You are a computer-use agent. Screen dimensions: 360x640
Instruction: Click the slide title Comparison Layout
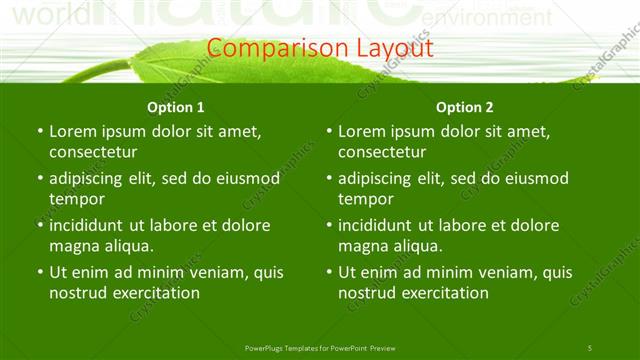pyautogui.click(x=320, y=47)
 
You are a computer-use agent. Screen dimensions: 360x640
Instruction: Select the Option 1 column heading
pyautogui.click(x=176, y=107)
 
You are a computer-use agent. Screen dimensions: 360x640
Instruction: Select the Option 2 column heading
pyautogui.click(x=465, y=107)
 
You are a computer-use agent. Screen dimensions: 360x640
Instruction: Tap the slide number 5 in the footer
pyautogui.click(x=590, y=347)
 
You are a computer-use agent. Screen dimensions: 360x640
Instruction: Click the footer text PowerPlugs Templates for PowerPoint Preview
pyautogui.click(x=320, y=347)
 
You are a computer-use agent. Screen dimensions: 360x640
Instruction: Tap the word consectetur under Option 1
pyautogui.click(x=93, y=152)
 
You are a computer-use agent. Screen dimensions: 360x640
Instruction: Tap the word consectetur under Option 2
pyautogui.click(x=382, y=152)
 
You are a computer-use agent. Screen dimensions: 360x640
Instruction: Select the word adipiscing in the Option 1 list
pyautogui.click(x=92, y=178)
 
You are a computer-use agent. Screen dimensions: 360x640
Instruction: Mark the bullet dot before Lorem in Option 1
pyautogui.click(x=39, y=131)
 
